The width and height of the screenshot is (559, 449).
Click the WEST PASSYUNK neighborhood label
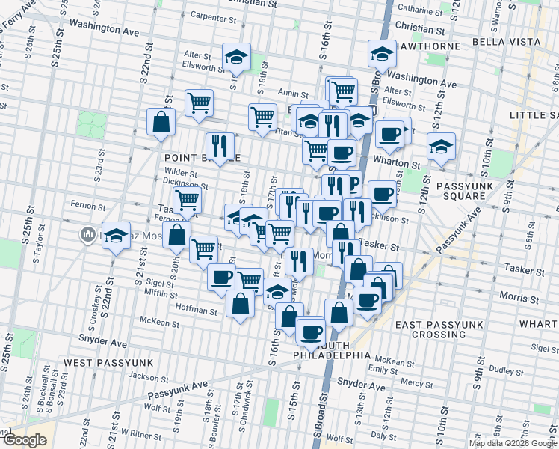click(x=109, y=363)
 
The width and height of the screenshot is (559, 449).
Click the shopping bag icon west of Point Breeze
click(x=161, y=122)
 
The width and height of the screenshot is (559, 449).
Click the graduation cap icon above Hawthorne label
click(x=381, y=54)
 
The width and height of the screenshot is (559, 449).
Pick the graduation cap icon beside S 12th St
click(x=441, y=147)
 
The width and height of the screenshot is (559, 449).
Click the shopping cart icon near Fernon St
click(x=187, y=201)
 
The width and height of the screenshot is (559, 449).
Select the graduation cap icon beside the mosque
click(x=116, y=235)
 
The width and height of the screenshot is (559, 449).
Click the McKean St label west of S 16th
click(x=160, y=324)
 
